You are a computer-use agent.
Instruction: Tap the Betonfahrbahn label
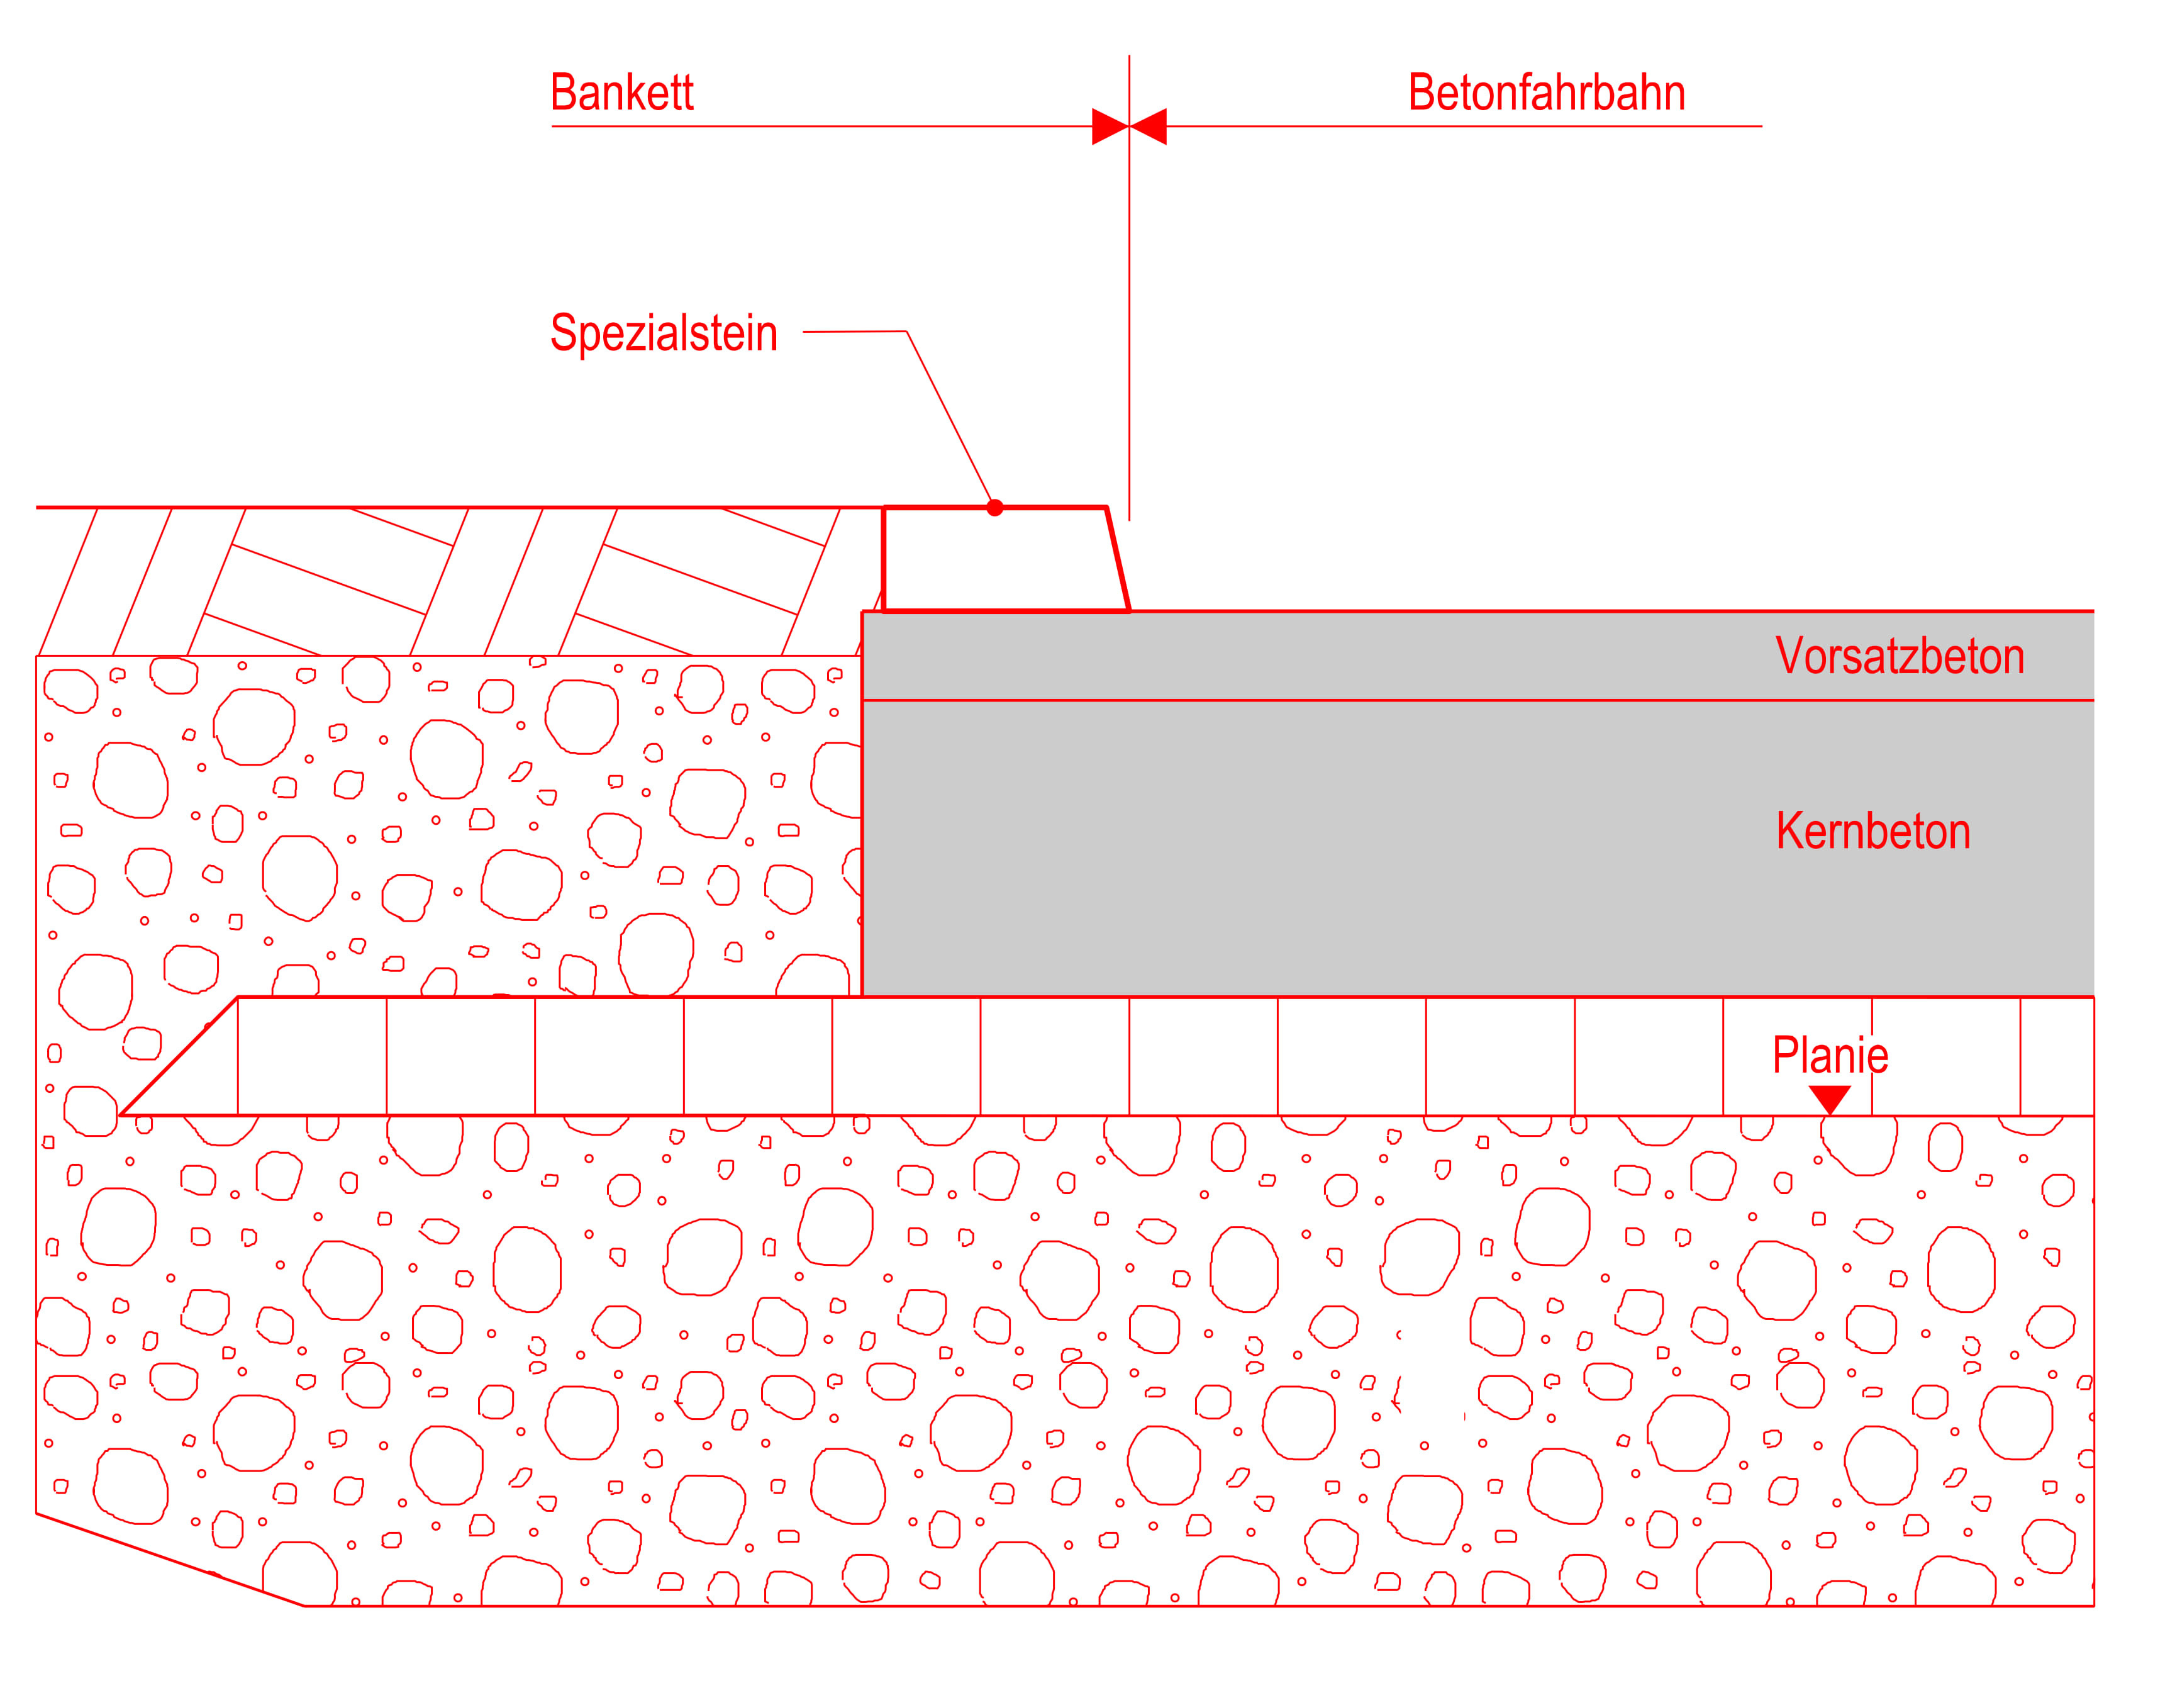click(x=1546, y=92)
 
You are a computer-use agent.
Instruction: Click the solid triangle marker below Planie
click(x=1829, y=1098)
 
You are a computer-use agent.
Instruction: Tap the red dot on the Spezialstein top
click(x=994, y=508)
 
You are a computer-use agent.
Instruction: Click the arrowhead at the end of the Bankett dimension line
click(x=1110, y=126)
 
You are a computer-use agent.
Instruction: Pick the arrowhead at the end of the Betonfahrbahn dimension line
click(x=1149, y=126)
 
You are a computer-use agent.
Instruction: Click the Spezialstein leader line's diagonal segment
click(x=949, y=417)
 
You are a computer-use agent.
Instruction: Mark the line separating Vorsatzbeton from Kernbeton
click(x=1391, y=700)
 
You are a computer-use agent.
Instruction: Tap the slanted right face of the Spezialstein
click(x=1118, y=559)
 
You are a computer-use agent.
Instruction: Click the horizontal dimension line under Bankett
click(x=815, y=126)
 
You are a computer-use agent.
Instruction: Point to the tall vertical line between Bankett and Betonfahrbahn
click(x=1129, y=298)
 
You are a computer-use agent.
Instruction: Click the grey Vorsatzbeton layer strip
click(x=1292, y=656)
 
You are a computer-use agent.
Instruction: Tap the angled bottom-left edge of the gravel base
click(x=169, y=1559)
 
